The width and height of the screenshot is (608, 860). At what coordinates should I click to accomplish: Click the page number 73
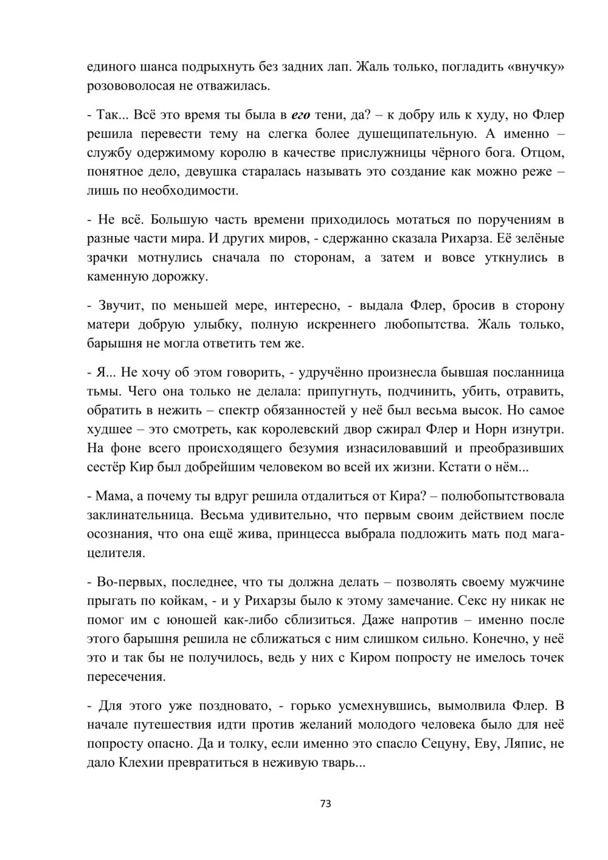click(x=325, y=803)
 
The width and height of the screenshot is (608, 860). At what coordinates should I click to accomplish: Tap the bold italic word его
click(x=301, y=115)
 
